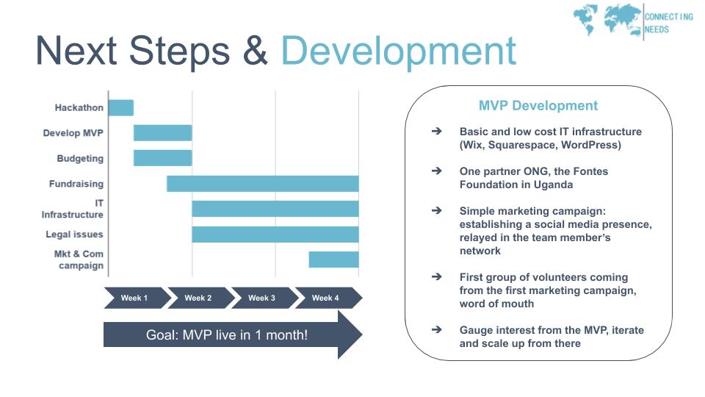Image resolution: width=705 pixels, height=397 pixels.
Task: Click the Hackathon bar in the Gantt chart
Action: click(x=120, y=108)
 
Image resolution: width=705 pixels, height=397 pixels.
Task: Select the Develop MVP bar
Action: click(x=162, y=133)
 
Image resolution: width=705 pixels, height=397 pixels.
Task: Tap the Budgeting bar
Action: click(x=162, y=158)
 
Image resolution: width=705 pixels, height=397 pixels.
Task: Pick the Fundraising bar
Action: click(x=262, y=184)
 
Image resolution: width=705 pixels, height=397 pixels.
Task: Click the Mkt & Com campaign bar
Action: click(x=333, y=260)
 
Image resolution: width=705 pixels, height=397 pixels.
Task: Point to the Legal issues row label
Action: click(x=74, y=235)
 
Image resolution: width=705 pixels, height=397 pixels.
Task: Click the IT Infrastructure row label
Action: click(x=72, y=209)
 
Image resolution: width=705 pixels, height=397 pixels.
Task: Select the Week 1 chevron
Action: click(x=134, y=298)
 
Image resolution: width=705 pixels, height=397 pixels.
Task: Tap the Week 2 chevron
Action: click(x=198, y=298)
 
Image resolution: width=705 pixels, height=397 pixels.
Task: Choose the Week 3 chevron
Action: click(x=262, y=298)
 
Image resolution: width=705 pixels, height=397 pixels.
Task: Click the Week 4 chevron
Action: click(x=326, y=298)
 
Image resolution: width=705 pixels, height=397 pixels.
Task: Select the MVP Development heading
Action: click(x=538, y=106)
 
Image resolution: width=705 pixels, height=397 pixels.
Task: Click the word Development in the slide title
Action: click(x=398, y=51)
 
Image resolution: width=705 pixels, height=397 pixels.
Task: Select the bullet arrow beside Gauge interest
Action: click(x=436, y=330)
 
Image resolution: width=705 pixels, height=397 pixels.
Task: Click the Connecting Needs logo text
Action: click(x=668, y=24)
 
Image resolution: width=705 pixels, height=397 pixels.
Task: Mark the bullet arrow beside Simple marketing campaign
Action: click(x=436, y=211)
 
